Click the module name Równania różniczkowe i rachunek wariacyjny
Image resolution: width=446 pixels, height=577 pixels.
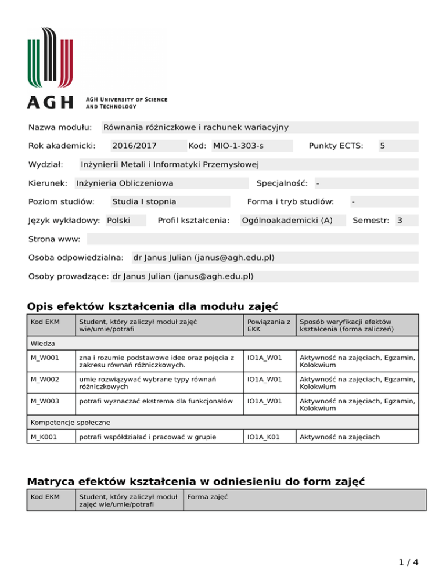click(196, 127)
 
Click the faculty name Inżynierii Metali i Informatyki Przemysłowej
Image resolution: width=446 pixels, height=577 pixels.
click(169, 164)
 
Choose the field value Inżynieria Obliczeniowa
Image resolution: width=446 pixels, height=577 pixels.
click(125, 183)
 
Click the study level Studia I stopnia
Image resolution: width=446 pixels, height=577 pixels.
click(144, 201)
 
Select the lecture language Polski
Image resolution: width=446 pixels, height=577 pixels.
click(118, 220)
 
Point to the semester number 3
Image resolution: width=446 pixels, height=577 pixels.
click(399, 220)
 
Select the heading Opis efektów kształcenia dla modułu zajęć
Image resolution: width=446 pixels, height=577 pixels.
click(153, 306)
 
